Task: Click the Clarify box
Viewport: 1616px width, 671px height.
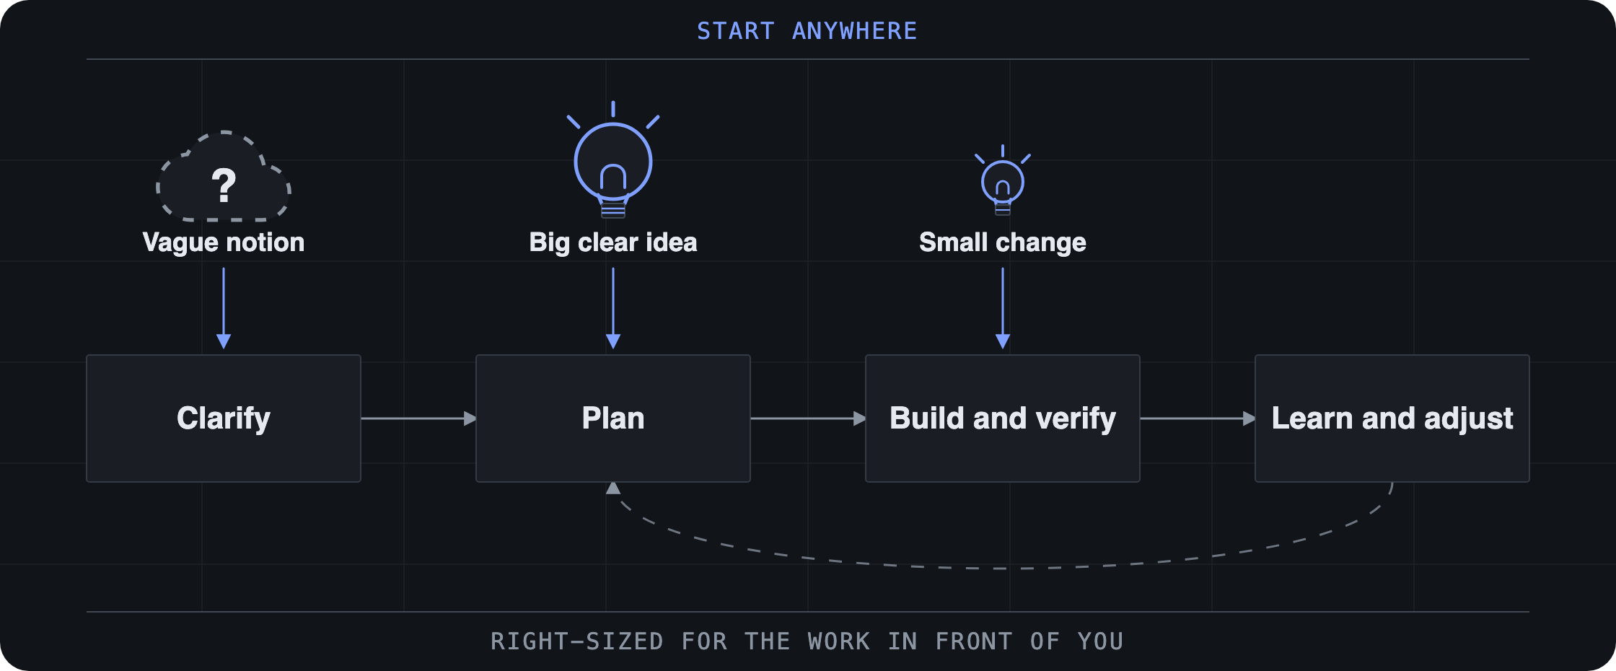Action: (x=224, y=418)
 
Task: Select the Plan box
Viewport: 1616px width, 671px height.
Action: (x=613, y=418)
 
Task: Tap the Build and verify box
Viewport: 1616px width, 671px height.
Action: (x=1003, y=418)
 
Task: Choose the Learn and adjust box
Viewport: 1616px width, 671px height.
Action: (x=1392, y=418)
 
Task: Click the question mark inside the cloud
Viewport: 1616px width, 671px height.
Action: (x=224, y=185)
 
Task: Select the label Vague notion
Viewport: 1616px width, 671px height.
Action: (x=224, y=242)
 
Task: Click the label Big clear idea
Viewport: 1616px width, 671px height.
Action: (x=613, y=242)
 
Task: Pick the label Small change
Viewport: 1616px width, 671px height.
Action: (x=1003, y=242)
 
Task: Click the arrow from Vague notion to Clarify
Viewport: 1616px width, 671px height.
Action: (x=224, y=309)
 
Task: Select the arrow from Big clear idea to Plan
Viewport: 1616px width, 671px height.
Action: (x=613, y=309)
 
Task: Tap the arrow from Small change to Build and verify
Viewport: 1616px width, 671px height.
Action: (x=1003, y=309)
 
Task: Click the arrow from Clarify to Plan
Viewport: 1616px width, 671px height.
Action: (x=418, y=418)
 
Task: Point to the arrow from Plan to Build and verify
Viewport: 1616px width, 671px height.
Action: (x=808, y=418)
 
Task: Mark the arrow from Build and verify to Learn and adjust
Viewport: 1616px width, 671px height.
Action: (x=1198, y=418)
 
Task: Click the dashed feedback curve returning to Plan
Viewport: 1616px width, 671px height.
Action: (x=1003, y=569)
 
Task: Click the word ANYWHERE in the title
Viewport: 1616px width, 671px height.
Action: (x=855, y=31)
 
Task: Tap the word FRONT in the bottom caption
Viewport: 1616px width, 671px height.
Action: (x=974, y=641)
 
